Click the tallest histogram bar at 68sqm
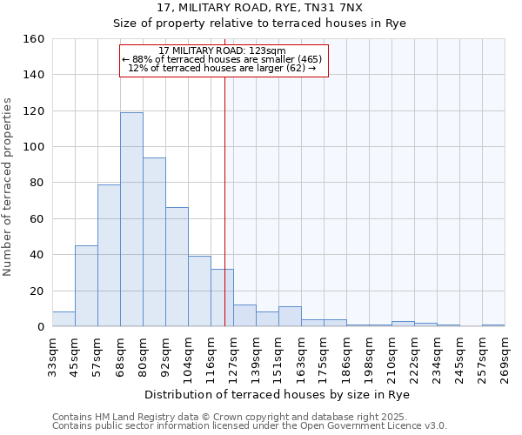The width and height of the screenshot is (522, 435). [131, 219]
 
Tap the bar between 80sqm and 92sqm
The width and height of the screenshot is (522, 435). [154, 242]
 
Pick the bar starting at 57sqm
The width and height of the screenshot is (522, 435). [109, 255]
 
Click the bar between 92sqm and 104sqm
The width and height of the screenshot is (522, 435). [177, 266]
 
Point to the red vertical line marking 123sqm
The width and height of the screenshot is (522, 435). [224, 200]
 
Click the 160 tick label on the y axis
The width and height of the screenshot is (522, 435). [33, 39]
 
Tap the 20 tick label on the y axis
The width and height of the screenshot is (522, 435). [37, 291]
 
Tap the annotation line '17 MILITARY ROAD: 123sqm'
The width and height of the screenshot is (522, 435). [223, 50]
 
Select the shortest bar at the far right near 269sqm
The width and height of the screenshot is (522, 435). [493, 325]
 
